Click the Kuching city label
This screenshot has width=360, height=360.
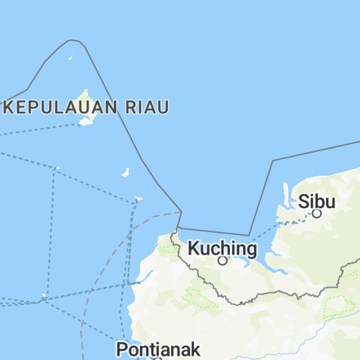[222, 248]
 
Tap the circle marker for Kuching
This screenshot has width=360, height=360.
[222, 261]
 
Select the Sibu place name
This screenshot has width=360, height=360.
[316, 201]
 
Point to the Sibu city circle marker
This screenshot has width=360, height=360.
[317, 213]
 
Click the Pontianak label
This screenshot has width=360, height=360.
[158, 349]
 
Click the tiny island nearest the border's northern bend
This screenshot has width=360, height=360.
[70, 58]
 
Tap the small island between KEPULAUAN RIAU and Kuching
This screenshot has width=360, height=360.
[126, 172]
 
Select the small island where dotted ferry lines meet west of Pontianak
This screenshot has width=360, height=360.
[44, 296]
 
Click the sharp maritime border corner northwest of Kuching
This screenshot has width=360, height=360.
[181, 211]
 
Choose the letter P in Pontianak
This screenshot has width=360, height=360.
[122, 349]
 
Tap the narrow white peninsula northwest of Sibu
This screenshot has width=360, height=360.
[285, 190]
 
